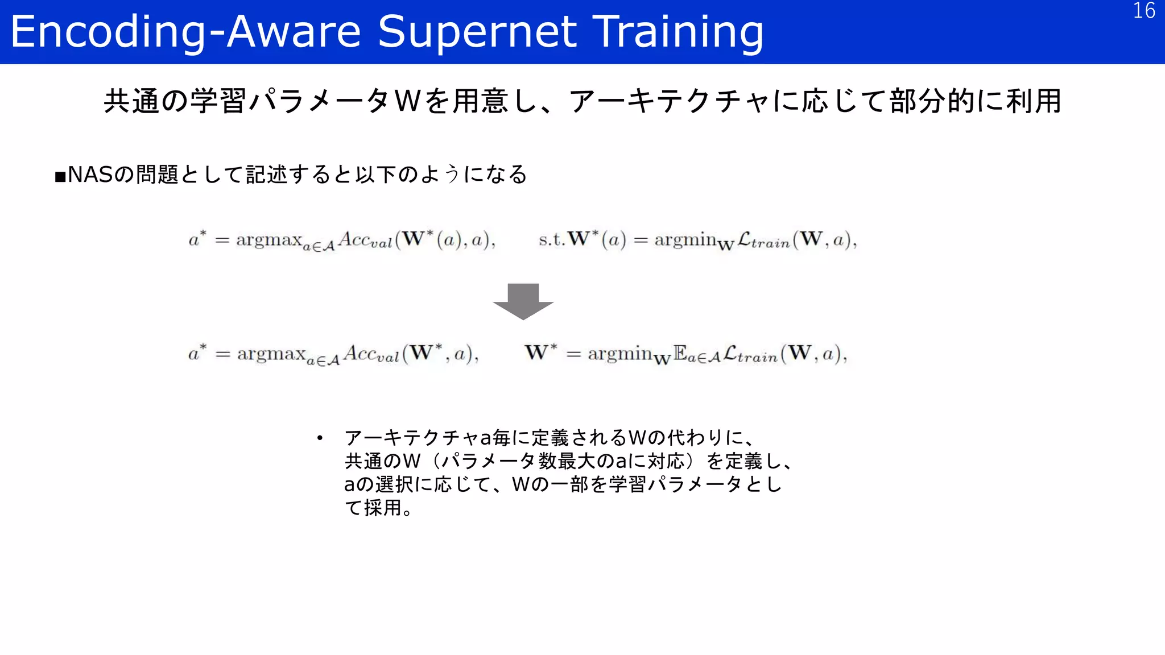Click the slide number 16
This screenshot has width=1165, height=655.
pos(1143,11)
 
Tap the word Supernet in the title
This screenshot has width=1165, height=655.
pos(477,32)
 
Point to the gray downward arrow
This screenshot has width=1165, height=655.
pos(523,301)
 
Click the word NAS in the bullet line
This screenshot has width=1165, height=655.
pos(90,175)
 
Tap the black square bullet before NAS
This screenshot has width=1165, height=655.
pos(60,177)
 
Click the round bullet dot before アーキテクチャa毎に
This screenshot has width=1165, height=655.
pos(320,438)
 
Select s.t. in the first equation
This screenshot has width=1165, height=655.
pos(552,239)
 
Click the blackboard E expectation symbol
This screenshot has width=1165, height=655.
pos(680,353)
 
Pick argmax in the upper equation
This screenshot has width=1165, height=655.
pos(268,239)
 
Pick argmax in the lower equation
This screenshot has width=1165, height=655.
pos(271,354)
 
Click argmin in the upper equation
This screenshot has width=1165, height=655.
pos(685,239)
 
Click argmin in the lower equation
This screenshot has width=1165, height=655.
pos(619,354)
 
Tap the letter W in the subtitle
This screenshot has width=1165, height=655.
pos(408,101)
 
